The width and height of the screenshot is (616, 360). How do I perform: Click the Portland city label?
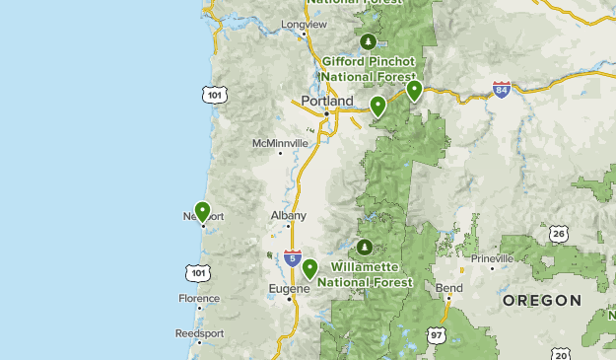326,101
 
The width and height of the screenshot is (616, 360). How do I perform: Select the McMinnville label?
280,143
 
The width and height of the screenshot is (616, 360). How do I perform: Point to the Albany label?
289,215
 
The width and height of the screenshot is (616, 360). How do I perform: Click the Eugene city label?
288,288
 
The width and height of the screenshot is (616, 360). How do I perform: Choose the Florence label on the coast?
199,298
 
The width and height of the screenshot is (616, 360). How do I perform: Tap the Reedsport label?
199,333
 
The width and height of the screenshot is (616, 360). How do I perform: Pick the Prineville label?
492,258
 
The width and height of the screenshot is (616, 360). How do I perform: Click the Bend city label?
448,288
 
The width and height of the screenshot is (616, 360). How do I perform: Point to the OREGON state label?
541,299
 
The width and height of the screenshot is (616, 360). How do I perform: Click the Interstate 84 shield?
503,90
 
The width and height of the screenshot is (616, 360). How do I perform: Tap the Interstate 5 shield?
293,258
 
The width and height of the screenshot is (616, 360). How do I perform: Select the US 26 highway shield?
559,234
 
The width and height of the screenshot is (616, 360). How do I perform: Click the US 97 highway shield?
437,336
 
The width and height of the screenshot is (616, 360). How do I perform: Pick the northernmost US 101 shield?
214,95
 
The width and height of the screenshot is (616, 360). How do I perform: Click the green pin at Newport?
202,211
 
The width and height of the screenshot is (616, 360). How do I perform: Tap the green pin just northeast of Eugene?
310,267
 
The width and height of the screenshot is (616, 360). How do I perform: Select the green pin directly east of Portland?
377,106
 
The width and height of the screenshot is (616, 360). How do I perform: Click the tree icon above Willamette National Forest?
365,246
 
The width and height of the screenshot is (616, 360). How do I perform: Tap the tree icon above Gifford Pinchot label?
368,41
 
